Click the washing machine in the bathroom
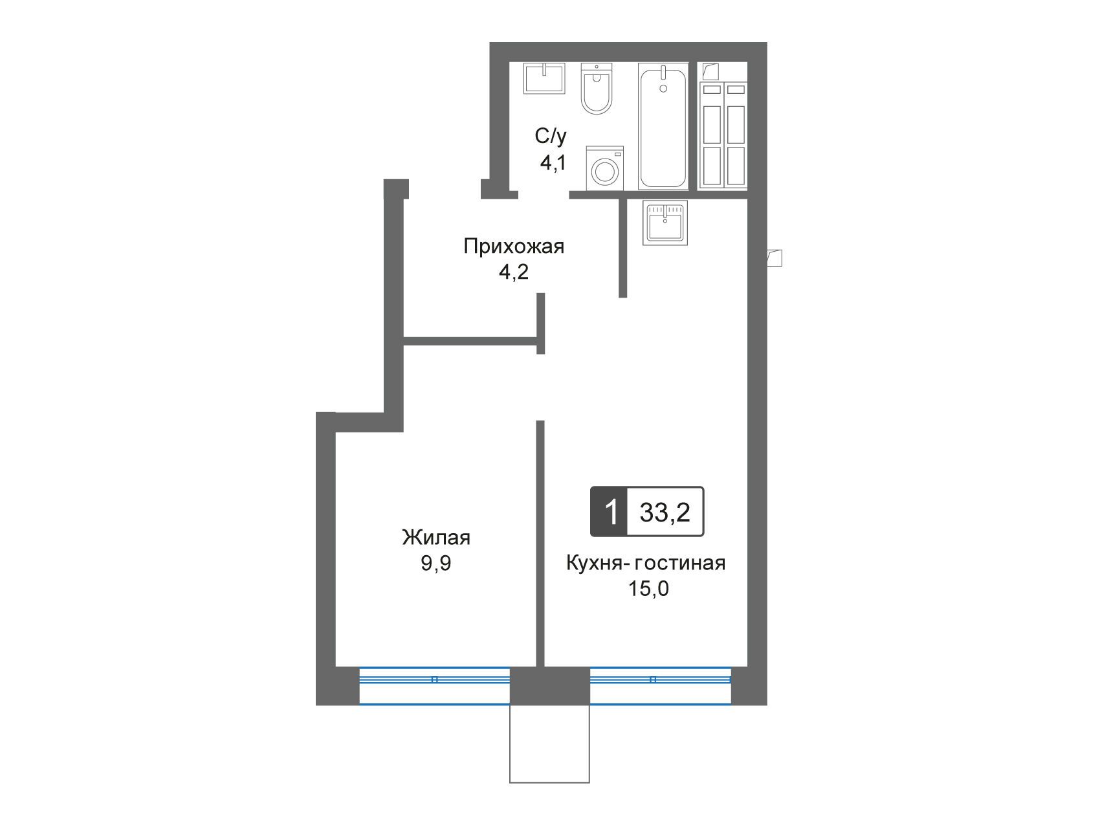click(x=605, y=168)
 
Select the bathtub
click(x=663, y=126)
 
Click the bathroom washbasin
click(x=544, y=78)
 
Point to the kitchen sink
click(x=665, y=223)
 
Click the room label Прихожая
click(x=514, y=247)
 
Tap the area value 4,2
click(x=513, y=272)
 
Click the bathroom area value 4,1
click(x=553, y=162)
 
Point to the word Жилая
click(x=436, y=538)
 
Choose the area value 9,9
click(x=436, y=564)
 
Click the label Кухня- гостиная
click(x=646, y=563)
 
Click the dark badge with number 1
click(x=609, y=512)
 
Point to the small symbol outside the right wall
click(x=775, y=258)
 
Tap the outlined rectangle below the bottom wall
click(x=550, y=744)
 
